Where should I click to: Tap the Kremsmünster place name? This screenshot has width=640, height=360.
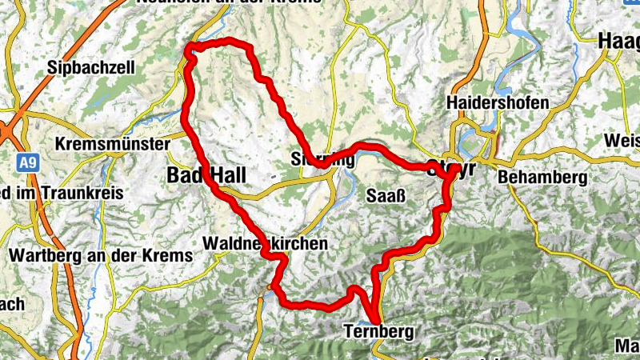tap(113, 145)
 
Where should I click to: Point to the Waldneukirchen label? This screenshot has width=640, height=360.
tap(266, 243)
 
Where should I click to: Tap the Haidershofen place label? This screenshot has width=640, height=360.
tap(498, 103)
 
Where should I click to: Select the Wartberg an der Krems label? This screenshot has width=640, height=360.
tap(102, 256)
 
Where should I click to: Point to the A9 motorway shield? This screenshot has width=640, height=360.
tap(28, 164)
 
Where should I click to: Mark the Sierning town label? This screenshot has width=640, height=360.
tap(323, 158)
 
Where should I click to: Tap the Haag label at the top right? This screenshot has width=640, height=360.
tap(619, 41)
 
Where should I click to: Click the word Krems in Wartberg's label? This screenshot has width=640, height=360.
tap(172, 256)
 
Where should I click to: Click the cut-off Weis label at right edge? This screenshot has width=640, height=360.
tap(623, 141)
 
